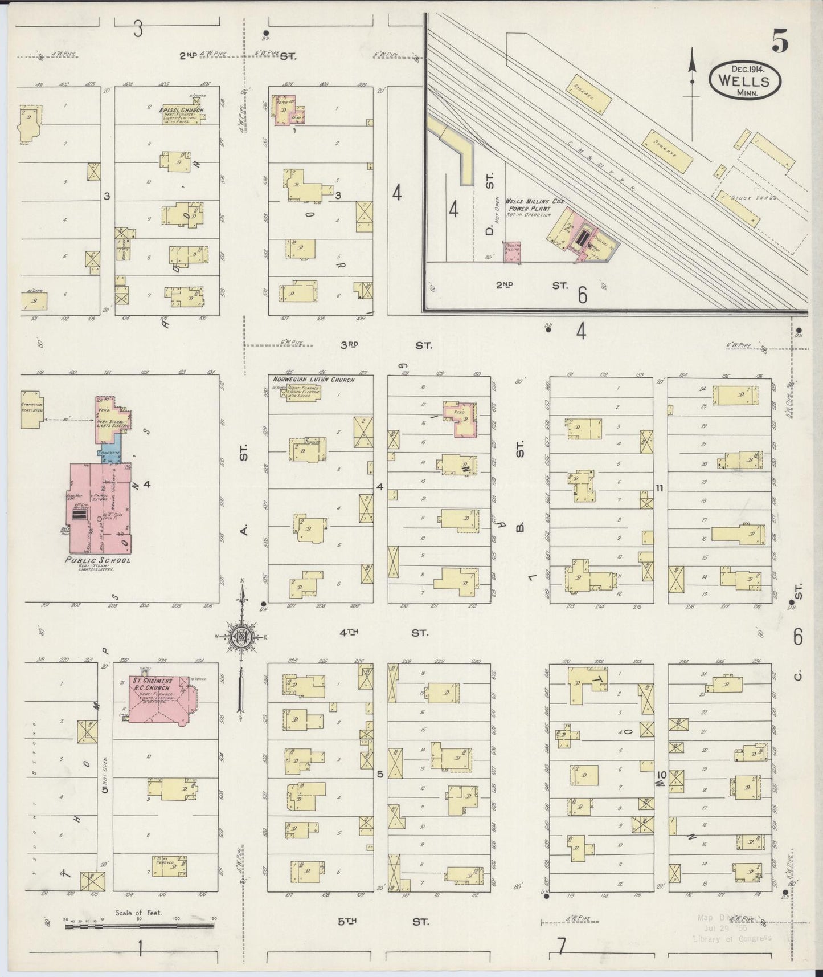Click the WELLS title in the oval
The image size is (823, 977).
coord(744,81)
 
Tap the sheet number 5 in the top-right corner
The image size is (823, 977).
coord(780,41)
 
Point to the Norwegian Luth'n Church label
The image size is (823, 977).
coord(313,380)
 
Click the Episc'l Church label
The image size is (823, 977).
coord(182,110)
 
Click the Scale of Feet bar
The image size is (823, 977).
coord(140,927)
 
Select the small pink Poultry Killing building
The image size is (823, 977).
coord(513,253)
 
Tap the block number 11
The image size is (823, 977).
coord(660,488)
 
